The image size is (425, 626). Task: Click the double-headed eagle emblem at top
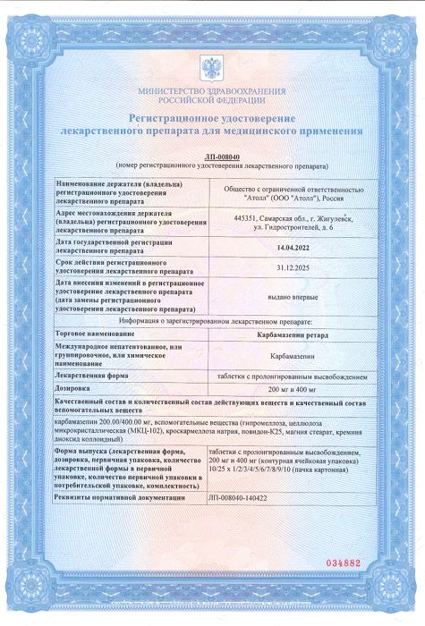212,69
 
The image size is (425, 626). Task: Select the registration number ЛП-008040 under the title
212,157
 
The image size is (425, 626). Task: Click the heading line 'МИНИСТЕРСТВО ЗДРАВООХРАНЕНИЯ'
212,91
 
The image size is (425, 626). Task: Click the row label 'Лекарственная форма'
93,376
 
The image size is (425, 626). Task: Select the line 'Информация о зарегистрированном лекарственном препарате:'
212,319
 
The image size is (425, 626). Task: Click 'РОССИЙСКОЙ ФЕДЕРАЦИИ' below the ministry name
212,100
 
